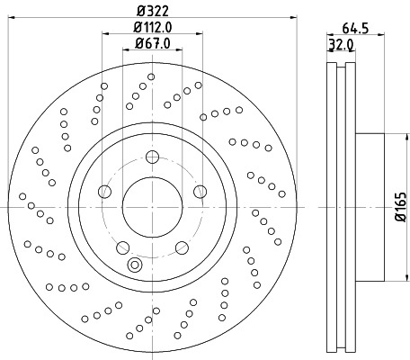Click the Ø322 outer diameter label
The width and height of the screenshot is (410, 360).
coord(151,11)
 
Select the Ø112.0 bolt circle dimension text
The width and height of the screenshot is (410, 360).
coord(151,27)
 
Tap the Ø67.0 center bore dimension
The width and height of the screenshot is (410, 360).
coord(151,43)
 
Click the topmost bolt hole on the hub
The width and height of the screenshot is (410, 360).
coord(151,158)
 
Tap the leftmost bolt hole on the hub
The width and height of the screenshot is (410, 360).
coord(105,192)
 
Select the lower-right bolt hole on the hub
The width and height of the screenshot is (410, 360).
coord(180,246)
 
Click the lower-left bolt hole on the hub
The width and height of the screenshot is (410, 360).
coord(123,246)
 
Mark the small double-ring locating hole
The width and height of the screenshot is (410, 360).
coord(135,265)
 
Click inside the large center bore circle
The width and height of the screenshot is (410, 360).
coord(151,206)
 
